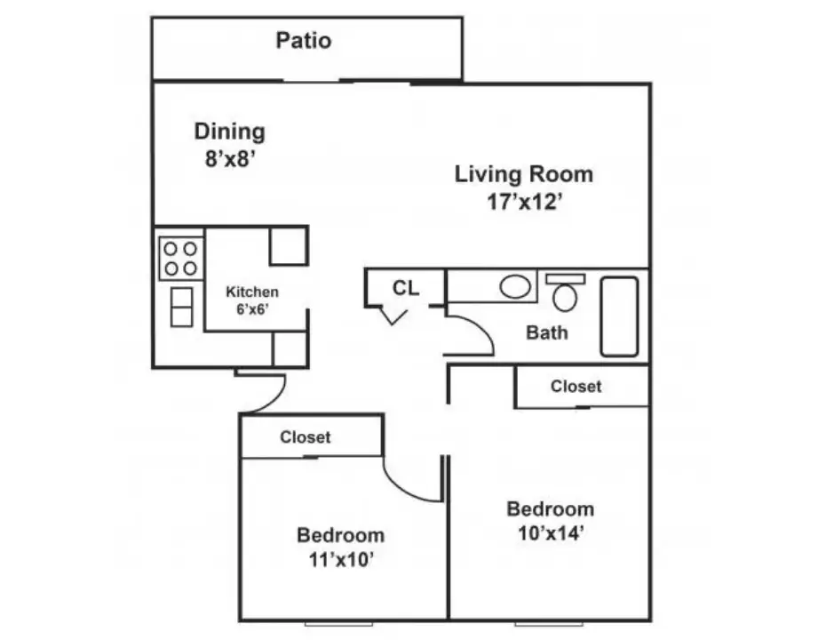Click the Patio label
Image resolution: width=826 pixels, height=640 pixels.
[304, 41]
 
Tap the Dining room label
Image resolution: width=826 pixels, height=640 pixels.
[230, 132]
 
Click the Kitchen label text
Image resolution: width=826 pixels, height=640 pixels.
[252, 292]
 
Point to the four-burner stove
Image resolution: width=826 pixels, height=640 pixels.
[180, 258]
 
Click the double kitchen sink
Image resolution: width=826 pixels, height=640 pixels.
[182, 307]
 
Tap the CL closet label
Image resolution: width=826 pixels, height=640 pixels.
[406, 288]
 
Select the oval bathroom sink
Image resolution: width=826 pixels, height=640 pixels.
[514, 287]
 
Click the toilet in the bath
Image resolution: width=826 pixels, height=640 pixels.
[565, 292]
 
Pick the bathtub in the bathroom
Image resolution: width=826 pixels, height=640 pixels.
[620, 316]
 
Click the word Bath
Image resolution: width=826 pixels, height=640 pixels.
[547, 332]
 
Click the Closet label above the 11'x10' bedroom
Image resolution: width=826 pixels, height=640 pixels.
[305, 437]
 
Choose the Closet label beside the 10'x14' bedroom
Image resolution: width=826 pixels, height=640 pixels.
[576, 387]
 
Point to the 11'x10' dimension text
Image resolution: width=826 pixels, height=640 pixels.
[341, 560]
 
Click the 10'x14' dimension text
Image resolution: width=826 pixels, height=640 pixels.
[551, 533]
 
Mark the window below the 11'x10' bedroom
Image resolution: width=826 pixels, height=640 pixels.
[338, 624]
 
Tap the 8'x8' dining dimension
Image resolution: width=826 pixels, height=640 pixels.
[230, 158]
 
